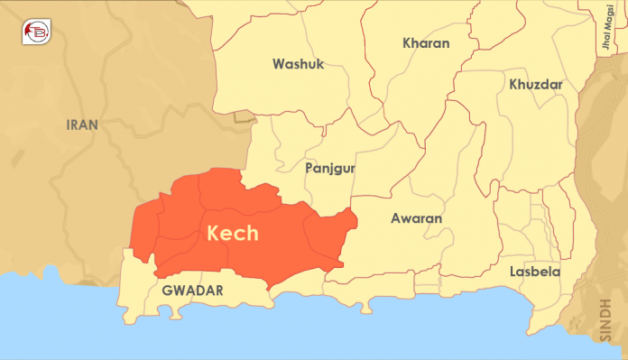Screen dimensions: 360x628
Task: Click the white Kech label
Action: coord(233,233)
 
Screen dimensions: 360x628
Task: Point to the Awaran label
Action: coord(416,218)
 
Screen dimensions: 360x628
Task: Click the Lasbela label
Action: coord(534,272)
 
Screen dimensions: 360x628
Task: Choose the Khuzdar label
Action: coord(536,84)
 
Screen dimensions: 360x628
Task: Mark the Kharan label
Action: coord(426,42)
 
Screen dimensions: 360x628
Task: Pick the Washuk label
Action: coord(298,64)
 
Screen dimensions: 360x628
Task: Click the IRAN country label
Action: coord(82,125)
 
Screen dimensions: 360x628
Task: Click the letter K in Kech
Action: coord(215,233)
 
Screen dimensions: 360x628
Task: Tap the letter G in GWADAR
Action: coord(167,291)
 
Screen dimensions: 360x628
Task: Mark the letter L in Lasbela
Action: coord(513,272)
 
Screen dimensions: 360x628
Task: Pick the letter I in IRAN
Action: coord(69,125)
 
